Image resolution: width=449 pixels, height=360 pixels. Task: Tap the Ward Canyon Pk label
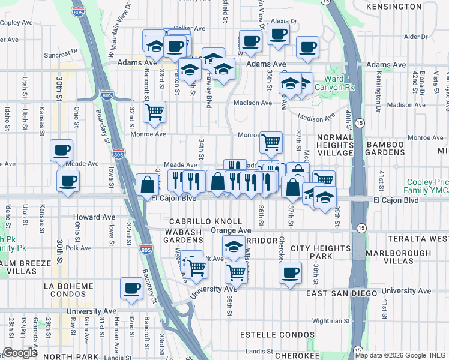[x=343, y=83]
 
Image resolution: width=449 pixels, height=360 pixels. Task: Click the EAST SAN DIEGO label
[x=342, y=293]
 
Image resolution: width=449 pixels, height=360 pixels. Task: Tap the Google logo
[x=20, y=353]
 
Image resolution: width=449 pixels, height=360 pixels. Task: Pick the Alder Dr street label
[x=415, y=37]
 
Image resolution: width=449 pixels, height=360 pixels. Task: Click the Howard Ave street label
[x=89, y=217]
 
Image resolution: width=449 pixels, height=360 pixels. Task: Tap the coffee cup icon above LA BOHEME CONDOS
[x=131, y=287]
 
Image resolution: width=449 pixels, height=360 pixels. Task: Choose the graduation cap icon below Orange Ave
[x=234, y=245]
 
